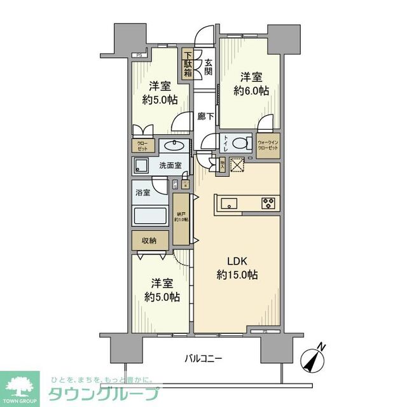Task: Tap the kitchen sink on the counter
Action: pos(229,203)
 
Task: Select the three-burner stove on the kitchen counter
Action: pos(268,203)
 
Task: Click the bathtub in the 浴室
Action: pos(151,214)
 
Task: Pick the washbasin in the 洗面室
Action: pos(174,146)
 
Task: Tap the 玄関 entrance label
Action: pos(209,64)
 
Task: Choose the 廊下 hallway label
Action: pos(205,116)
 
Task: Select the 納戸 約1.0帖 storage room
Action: pos(181,219)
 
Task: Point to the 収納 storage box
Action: pos(151,240)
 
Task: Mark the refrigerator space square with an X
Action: pos(237,164)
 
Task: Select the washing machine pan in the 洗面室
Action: pos(141,165)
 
